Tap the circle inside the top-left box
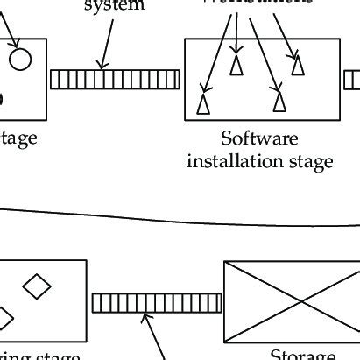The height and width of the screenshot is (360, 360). coord(20,59)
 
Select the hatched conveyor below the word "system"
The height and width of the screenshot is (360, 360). coord(115,80)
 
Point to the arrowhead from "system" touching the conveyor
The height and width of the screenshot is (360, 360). coord(102,67)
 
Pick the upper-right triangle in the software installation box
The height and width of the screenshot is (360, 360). coord(299,65)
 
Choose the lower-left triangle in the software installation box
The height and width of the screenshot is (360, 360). coord(203,103)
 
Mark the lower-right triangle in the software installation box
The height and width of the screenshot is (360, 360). coord(279,102)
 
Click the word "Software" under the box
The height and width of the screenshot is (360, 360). coord(259,139)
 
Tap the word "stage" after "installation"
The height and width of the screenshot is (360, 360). coord(314,162)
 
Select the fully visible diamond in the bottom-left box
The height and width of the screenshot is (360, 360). coord(36,286)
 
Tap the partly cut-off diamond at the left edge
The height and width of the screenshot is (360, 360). coord(4,317)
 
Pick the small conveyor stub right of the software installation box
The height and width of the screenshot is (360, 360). coord(352,80)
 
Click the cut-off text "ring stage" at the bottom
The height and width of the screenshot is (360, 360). coord(39,356)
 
